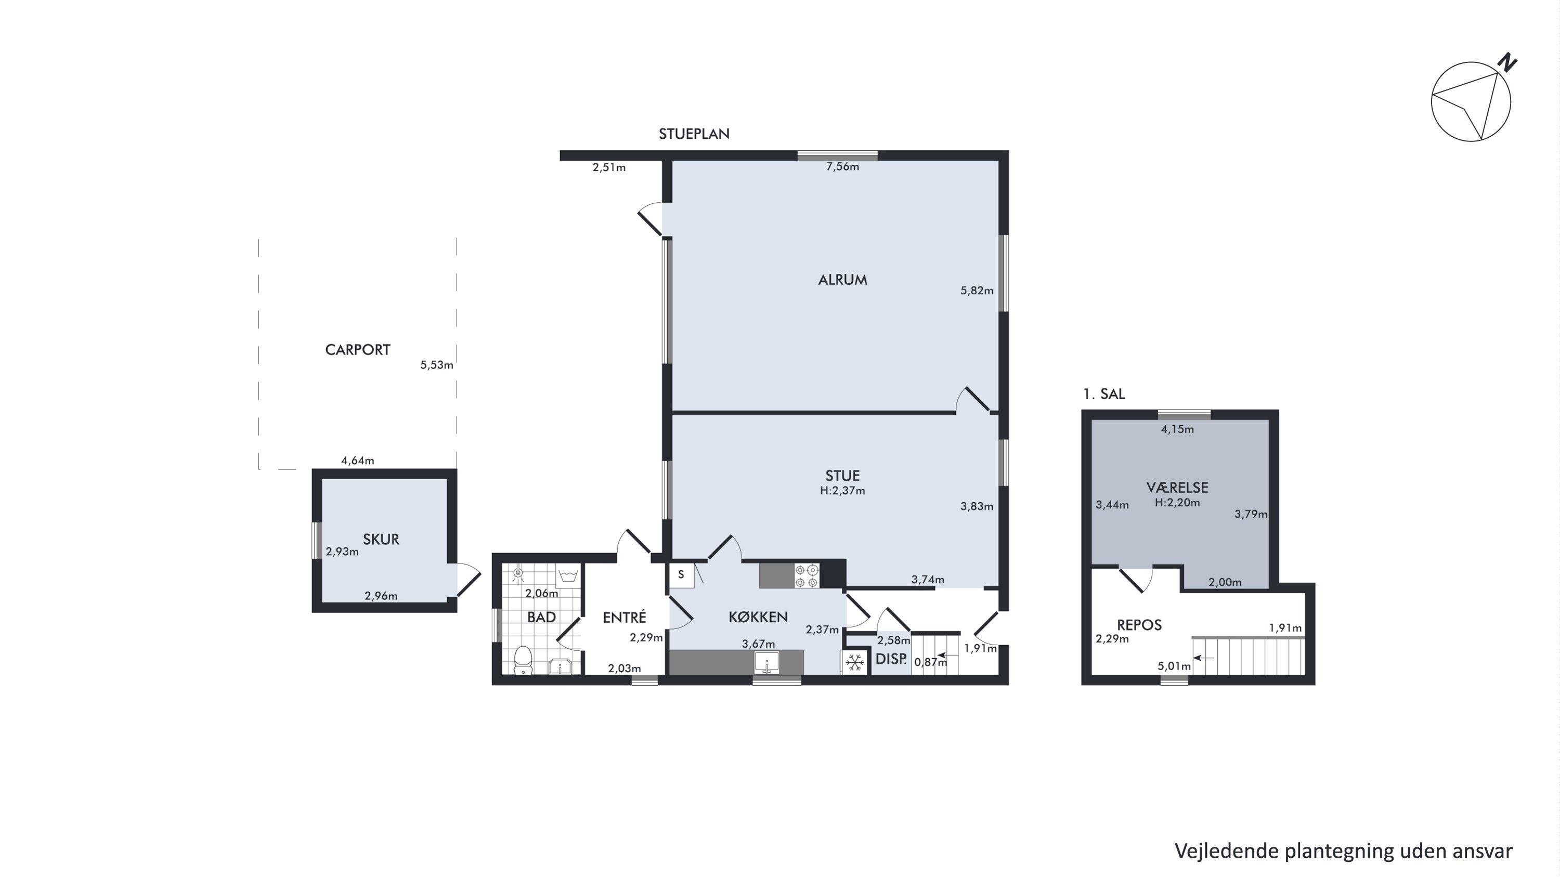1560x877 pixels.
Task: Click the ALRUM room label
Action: point(842,280)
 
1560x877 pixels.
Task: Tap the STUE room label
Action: point(842,476)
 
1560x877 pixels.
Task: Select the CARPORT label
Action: point(357,350)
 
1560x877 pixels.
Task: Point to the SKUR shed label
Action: point(381,539)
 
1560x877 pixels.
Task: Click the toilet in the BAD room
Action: point(523,660)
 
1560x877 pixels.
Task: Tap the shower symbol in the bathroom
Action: point(518,574)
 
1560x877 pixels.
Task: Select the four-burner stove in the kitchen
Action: point(807,575)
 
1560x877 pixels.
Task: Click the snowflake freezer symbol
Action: point(854,662)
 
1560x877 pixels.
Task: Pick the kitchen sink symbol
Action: point(766,663)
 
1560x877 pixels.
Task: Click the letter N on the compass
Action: point(1507,62)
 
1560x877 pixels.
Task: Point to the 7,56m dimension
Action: point(842,167)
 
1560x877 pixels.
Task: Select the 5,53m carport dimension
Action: point(437,365)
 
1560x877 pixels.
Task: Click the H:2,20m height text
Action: point(1177,502)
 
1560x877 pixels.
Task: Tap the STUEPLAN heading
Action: point(694,134)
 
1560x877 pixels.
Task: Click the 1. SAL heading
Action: point(1103,394)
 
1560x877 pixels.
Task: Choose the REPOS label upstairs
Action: point(1139,625)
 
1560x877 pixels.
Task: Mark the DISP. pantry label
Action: point(891,659)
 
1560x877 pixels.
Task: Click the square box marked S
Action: point(681,575)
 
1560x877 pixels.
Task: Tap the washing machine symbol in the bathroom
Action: point(568,574)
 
